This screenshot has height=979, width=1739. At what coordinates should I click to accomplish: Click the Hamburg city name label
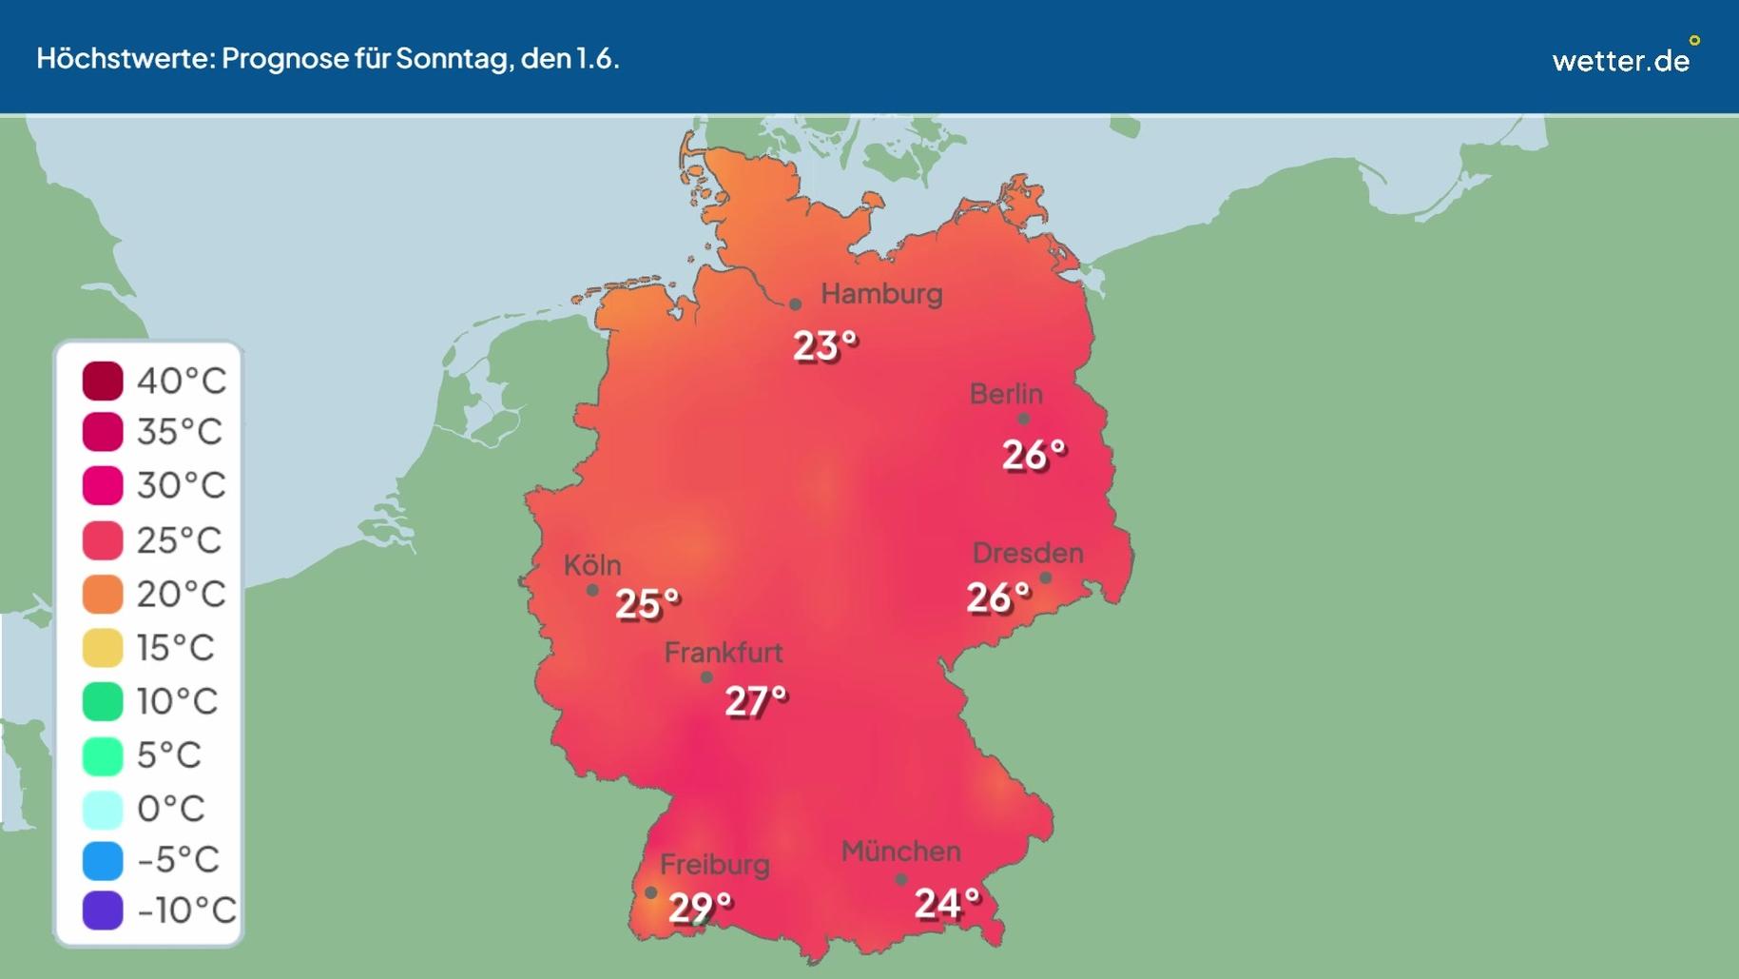tap(881, 294)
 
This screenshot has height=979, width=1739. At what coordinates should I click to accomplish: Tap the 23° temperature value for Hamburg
tap(824, 346)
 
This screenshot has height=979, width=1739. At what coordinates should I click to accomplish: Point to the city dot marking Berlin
tap(1023, 419)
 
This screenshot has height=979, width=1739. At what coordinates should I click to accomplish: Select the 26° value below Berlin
tap(1033, 455)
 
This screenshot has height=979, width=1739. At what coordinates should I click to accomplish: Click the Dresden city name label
tap(1027, 553)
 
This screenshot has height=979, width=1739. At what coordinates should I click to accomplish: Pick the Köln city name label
tap(592, 565)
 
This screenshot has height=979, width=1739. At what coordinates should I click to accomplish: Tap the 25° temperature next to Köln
tap(647, 604)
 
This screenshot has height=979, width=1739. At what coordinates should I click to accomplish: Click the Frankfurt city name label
tap(723, 653)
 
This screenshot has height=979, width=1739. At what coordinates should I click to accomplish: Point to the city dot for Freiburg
tap(650, 892)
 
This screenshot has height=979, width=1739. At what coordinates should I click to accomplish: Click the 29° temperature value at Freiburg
tap(699, 908)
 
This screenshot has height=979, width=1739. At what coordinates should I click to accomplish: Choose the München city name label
tap(900, 852)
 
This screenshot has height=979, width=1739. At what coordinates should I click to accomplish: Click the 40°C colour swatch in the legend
tap(103, 381)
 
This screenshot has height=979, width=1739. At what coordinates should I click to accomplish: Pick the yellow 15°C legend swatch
tap(103, 648)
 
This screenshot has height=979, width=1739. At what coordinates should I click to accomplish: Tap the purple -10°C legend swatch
tap(103, 910)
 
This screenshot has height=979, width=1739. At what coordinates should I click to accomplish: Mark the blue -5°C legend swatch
tap(103, 860)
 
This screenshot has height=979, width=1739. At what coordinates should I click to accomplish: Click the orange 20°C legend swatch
tap(103, 595)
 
